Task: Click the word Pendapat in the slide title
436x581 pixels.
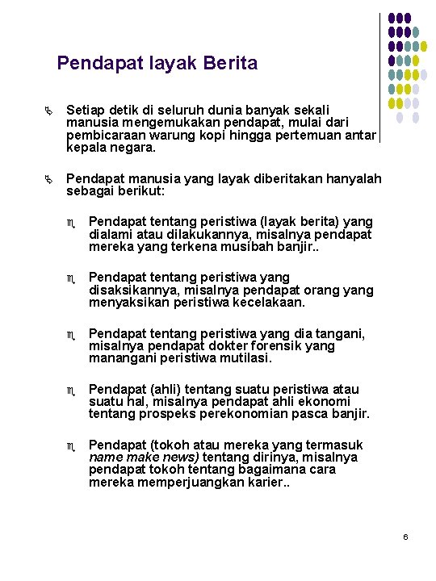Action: [95, 62]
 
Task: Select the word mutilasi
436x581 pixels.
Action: [242, 358]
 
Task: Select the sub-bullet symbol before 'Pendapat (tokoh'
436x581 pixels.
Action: [72, 445]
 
